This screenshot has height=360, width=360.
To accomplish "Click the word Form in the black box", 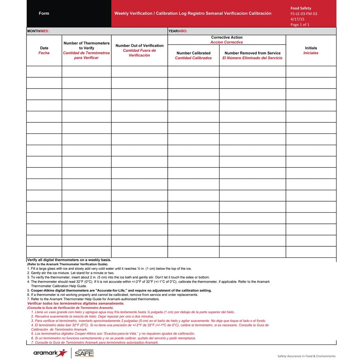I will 44,13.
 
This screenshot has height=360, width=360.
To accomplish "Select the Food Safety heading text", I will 301,8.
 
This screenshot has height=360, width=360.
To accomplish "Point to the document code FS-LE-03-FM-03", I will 303,14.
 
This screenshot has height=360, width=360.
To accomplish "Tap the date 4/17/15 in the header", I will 297,19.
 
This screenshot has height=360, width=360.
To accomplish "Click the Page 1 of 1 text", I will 300,24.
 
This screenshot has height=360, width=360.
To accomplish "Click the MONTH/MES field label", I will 38,31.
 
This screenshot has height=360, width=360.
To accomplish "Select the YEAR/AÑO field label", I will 177,31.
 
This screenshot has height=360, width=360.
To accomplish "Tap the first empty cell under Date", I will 44,72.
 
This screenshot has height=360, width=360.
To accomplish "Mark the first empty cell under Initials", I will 311,72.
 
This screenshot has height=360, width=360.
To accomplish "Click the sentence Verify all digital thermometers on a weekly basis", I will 69,260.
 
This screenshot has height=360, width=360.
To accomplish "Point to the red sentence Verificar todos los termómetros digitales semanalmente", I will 73,303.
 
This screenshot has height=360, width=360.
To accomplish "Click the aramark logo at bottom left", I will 50,353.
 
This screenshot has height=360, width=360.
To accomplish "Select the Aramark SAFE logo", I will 84,353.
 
